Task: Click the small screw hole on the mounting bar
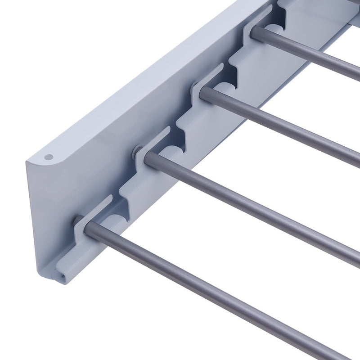pyautogui.click(x=49, y=157)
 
